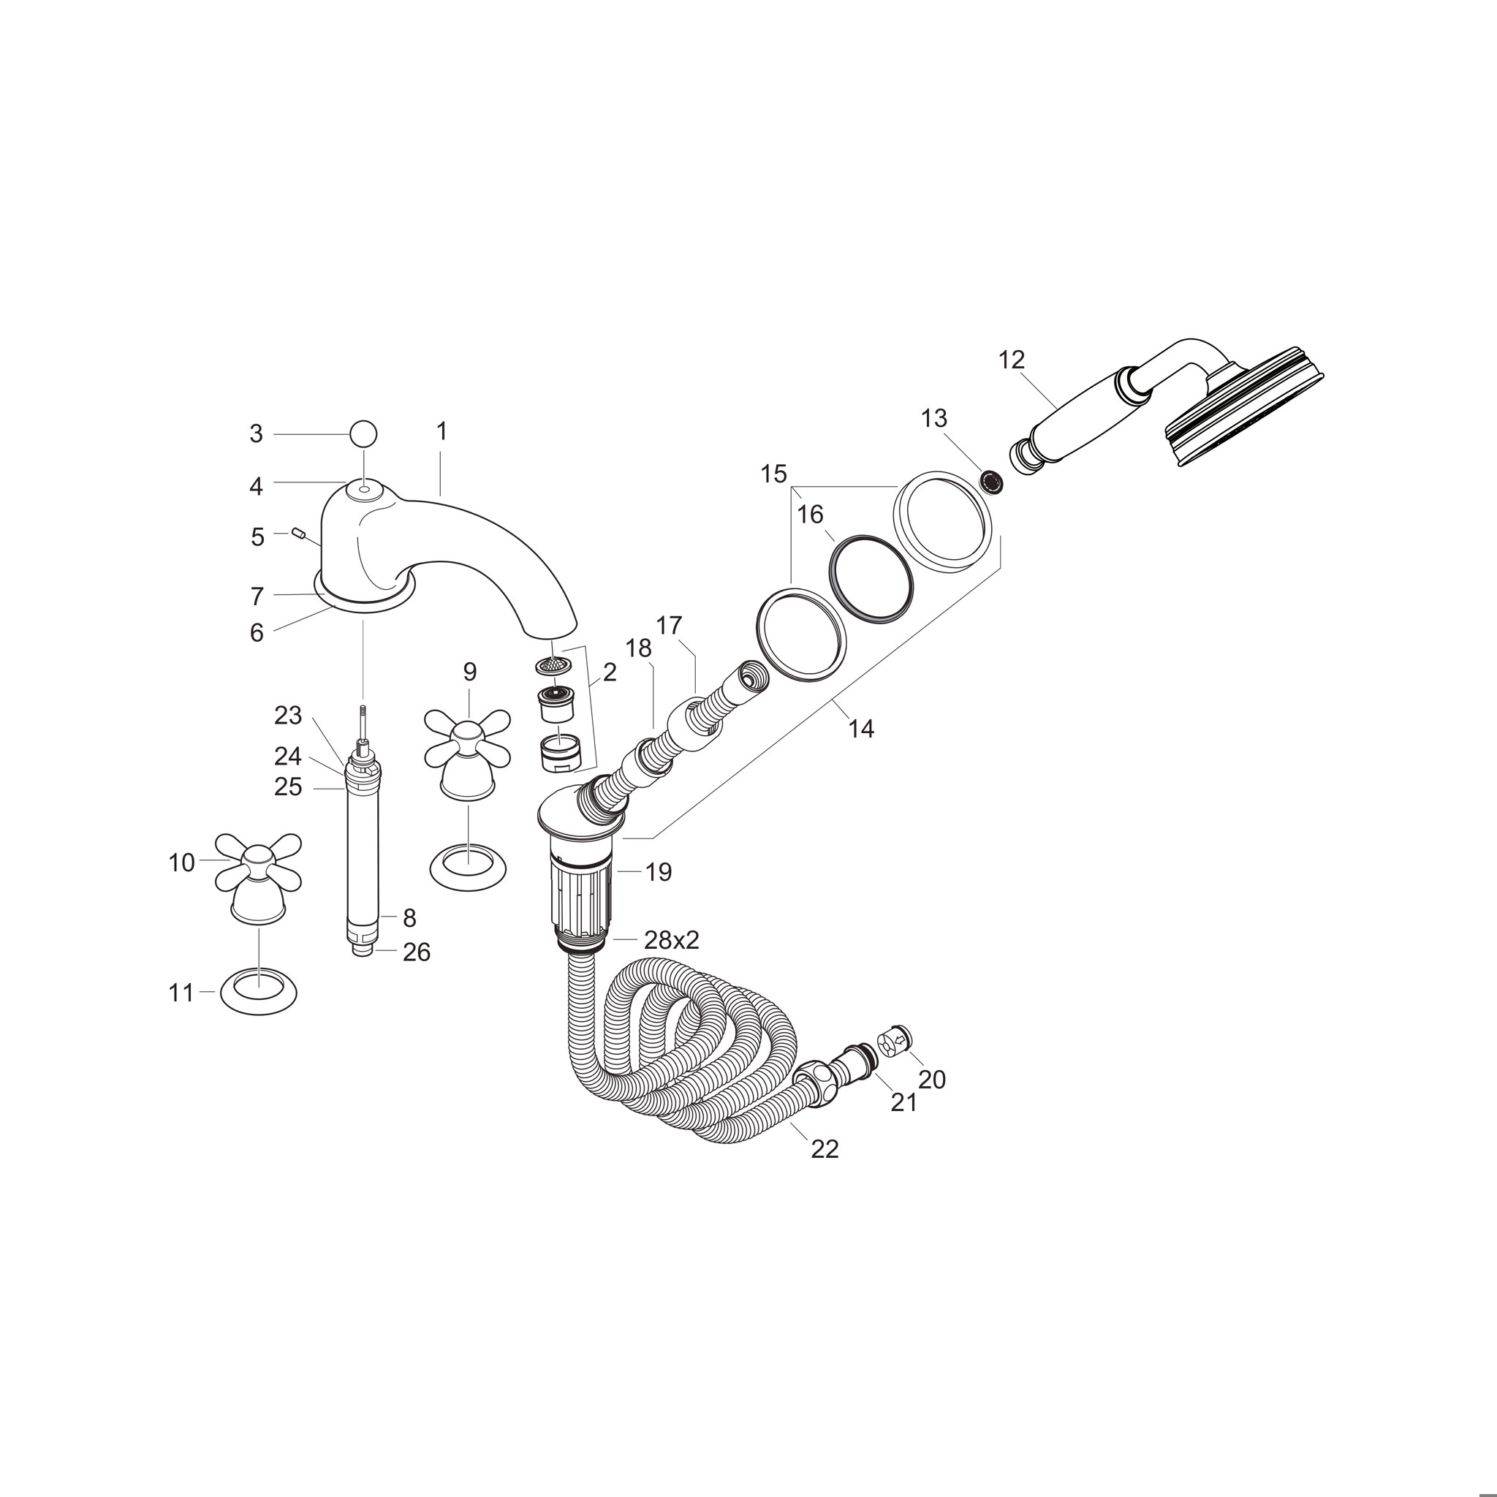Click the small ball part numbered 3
(x=363, y=434)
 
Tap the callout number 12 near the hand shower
(x=1012, y=360)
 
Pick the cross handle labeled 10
(x=257, y=877)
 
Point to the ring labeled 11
(x=259, y=992)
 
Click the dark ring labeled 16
(x=871, y=576)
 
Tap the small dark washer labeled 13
(x=992, y=482)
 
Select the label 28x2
(x=672, y=940)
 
